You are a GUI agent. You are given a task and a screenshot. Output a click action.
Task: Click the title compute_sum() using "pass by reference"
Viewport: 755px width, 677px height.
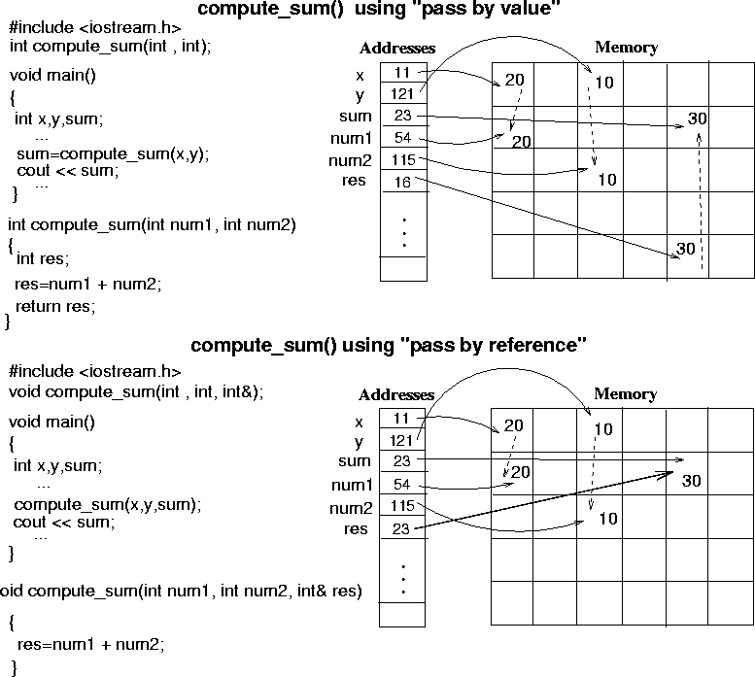389,345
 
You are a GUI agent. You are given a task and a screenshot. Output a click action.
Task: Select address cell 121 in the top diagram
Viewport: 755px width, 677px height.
402,94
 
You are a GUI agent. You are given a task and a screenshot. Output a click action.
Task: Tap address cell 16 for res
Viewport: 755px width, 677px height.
402,182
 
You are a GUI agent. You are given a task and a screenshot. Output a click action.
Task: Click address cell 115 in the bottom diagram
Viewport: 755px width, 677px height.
402,506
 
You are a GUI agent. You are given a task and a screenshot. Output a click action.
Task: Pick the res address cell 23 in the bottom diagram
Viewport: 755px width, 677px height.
402,528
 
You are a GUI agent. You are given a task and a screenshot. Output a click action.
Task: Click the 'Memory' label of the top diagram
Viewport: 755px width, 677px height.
626,48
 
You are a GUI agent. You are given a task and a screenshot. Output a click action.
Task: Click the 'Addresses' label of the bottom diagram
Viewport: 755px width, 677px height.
396,395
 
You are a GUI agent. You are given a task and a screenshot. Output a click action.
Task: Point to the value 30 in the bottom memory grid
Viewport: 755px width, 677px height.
691,481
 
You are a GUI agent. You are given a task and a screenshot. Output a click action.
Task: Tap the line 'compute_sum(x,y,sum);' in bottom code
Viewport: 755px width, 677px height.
107,504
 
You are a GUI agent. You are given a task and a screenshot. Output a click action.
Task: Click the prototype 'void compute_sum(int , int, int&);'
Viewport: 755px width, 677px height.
136,391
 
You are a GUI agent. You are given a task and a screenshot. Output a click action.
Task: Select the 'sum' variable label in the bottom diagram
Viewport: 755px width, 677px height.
355,461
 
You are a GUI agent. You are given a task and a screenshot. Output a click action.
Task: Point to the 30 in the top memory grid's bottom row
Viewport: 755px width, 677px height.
686,249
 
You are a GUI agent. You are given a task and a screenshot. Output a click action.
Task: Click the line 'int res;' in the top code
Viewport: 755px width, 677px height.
43,258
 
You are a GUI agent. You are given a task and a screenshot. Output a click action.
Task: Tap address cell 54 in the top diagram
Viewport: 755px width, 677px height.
402,138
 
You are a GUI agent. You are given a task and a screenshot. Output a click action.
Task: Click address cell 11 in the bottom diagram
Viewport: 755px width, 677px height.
402,419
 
